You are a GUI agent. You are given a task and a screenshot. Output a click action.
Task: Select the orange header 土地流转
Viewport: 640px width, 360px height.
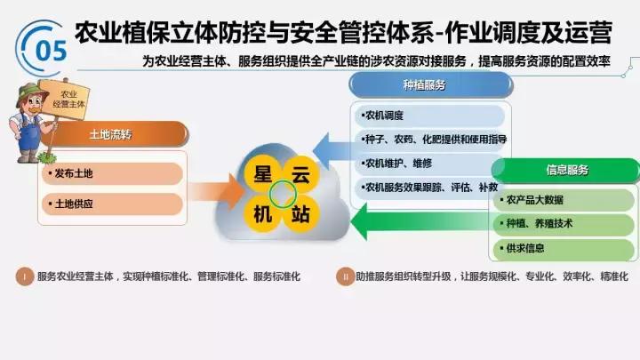coord(111,134)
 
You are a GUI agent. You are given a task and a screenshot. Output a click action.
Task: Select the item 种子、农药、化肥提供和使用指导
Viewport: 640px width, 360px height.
coord(432,140)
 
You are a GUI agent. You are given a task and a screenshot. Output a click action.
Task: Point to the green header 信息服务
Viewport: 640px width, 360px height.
coord(566,170)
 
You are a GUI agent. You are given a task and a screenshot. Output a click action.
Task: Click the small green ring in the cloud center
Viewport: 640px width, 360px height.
coord(283,193)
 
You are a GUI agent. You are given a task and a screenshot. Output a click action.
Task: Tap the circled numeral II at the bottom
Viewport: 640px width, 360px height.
coord(344,276)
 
